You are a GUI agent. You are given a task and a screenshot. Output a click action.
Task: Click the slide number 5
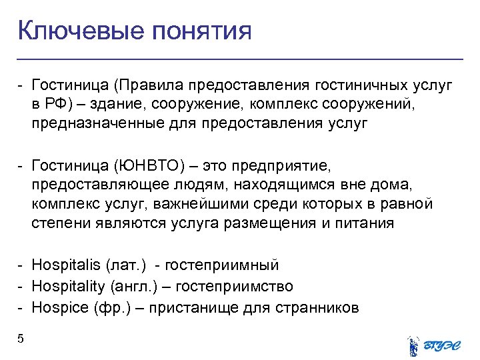21,339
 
